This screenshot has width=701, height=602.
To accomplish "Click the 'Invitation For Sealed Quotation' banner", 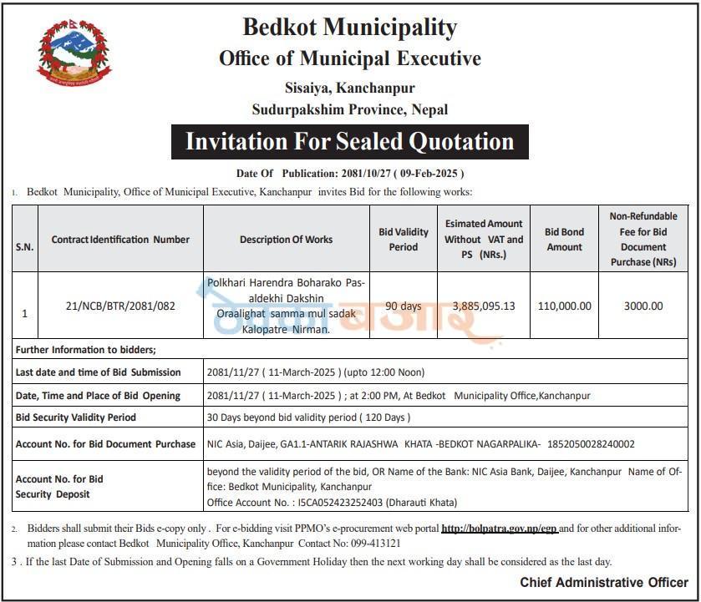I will pyautogui.click(x=349, y=141).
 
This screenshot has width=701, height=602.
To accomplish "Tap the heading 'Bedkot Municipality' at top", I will pyautogui.click(x=349, y=27).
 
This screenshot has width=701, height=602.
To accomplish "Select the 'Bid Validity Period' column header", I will pyautogui.click(x=404, y=239).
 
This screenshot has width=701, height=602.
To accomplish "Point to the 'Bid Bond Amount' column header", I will pyautogui.click(x=564, y=239).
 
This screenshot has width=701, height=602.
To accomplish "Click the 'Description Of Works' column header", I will pyautogui.click(x=286, y=240).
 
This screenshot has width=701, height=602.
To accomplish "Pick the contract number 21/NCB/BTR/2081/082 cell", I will pyautogui.click(x=120, y=306).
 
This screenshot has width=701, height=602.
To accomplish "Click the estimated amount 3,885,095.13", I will pyautogui.click(x=484, y=306).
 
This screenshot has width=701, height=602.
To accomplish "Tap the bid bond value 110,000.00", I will pyautogui.click(x=565, y=306).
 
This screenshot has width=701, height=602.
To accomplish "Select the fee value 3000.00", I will pyautogui.click(x=643, y=306).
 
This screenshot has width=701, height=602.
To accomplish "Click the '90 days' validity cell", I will pyautogui.click(x=404, y=306).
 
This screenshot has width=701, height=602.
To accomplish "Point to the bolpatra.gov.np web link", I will pyautogui.click(x=499, y=529).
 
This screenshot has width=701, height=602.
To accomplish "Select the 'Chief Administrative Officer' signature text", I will pyautogui.click(x=604, y=583).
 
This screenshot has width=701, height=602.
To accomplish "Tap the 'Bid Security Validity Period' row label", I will pyautogui.click(x=76, y=417).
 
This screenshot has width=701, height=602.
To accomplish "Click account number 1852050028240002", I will pyautogui.click(x=589, y=444).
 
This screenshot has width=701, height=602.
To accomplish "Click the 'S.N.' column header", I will pyautogui.click(x=24, y=247).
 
